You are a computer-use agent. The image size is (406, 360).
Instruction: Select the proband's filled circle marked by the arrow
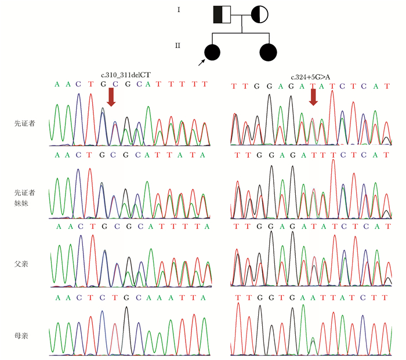213,52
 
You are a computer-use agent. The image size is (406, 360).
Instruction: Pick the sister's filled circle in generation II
270,52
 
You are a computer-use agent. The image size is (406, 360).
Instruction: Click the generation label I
179,10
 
